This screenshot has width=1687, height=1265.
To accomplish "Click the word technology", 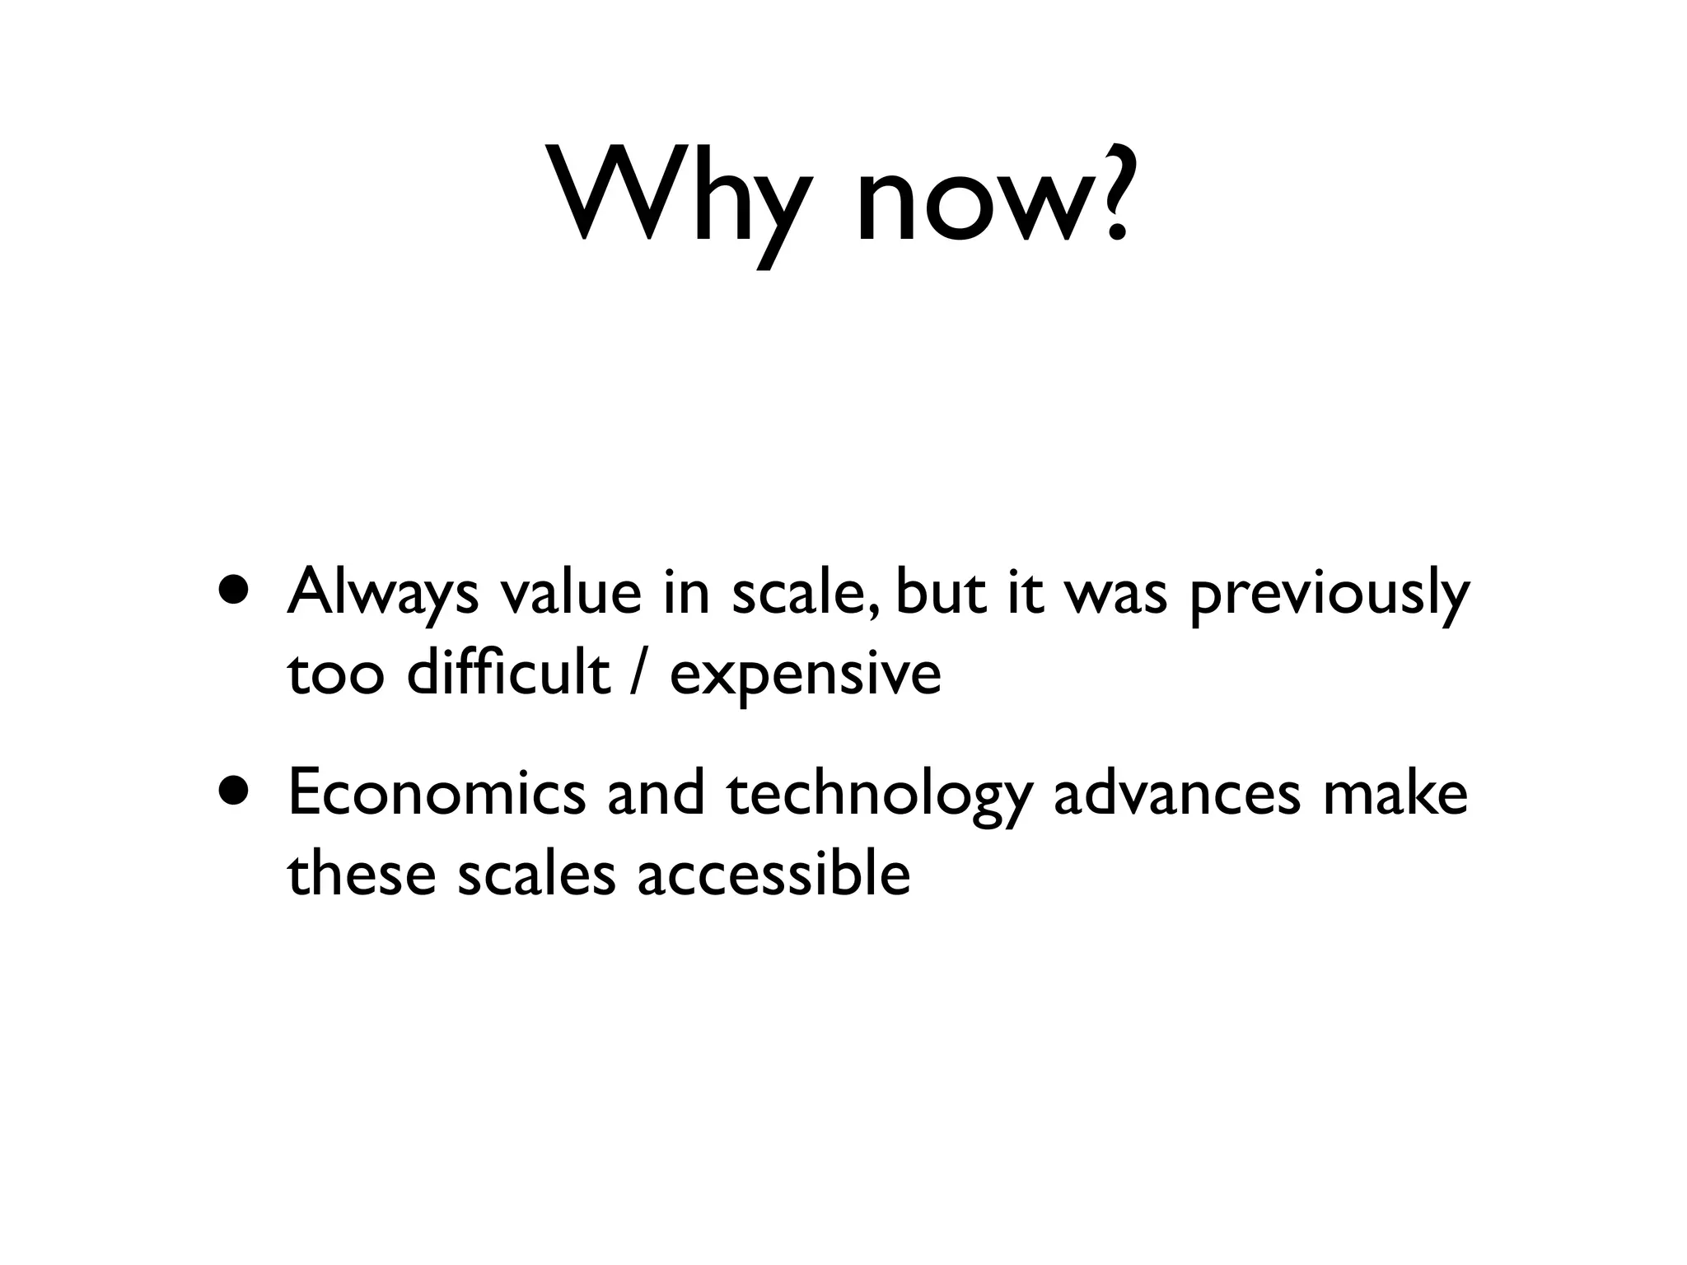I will (x=879, y=797).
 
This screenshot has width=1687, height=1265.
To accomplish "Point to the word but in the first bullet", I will (x=940, y=593).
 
